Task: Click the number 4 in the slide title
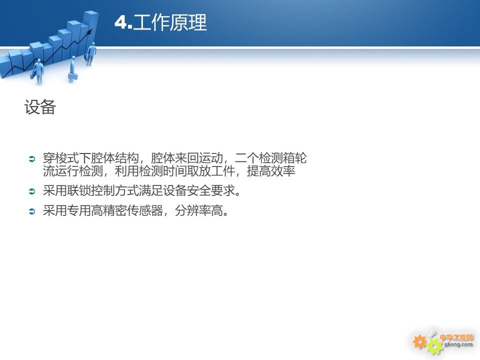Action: [121, 22]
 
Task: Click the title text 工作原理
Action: [170, 22]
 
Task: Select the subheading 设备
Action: [40, 107]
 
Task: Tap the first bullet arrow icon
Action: [32, 158]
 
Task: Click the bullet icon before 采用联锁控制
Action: [32, 191]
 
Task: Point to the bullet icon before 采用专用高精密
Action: [32, 211]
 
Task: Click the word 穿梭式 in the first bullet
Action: [61, 158]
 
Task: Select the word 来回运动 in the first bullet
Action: [199, 158]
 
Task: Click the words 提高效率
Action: [271, 171]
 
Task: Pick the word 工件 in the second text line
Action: [223, 171]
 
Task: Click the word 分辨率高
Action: [199, 210]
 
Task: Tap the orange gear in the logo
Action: [419, 341]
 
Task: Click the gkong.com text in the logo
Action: [458, 344]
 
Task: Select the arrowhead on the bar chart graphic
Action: [89, 31]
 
